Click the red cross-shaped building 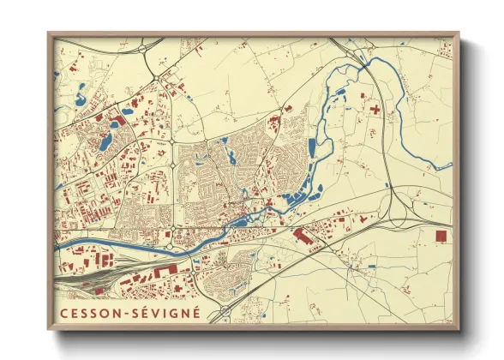(x=374, y=111)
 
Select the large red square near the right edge (x=441, y=235)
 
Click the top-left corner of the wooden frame (x=49, y=33)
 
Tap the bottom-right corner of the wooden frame (x=459, y=329)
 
